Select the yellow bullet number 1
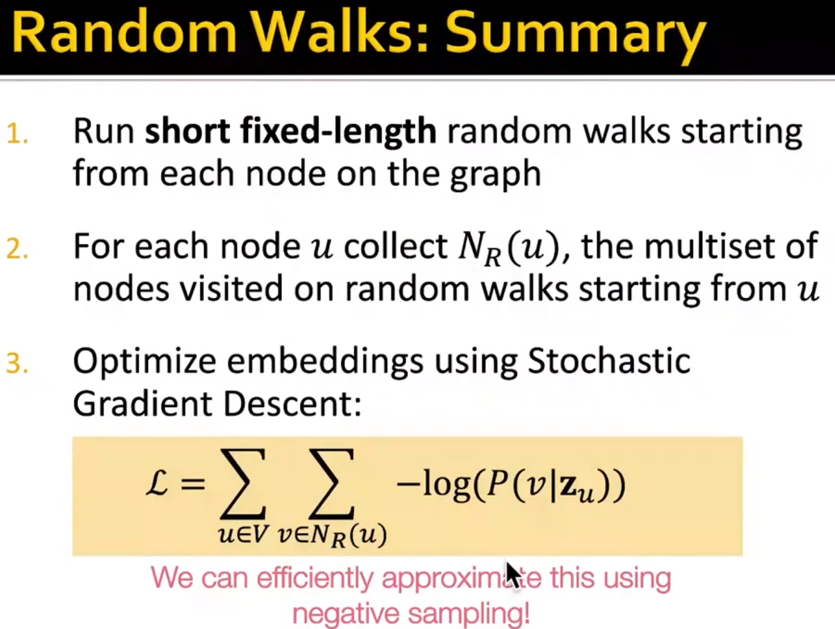17,134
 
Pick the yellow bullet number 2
17,249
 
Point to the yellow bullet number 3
17,363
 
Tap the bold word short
187,131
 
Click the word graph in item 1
495,175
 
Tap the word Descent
292,404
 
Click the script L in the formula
157,485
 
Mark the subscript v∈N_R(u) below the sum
332,536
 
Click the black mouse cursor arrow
512,574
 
